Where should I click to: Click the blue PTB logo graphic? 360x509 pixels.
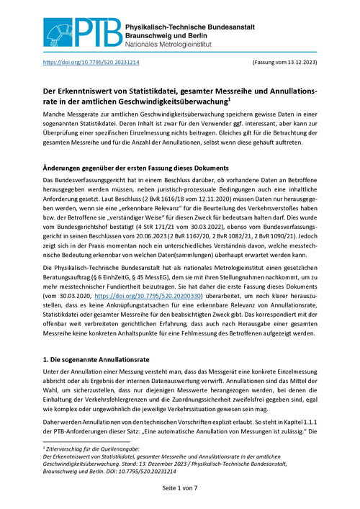click(x=78, y=29)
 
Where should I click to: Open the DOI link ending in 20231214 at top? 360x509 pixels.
click(x=91, y=63)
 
